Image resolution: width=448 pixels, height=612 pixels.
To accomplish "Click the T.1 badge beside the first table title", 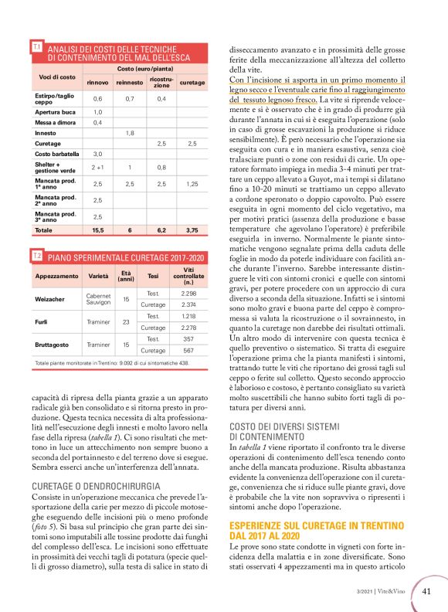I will point(36,48).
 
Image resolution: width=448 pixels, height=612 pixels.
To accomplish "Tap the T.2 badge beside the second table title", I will point(36,254).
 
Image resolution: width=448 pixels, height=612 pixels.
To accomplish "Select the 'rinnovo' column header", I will point(97,82).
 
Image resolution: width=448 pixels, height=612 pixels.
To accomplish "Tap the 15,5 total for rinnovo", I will point(97,230).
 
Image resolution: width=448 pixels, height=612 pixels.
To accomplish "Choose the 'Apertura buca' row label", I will point(53,112).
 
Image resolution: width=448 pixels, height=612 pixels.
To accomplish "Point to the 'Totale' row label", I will point(44,230).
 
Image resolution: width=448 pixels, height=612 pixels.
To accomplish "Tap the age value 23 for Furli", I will point(127,321).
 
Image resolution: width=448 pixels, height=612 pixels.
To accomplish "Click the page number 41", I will point(427,592).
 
